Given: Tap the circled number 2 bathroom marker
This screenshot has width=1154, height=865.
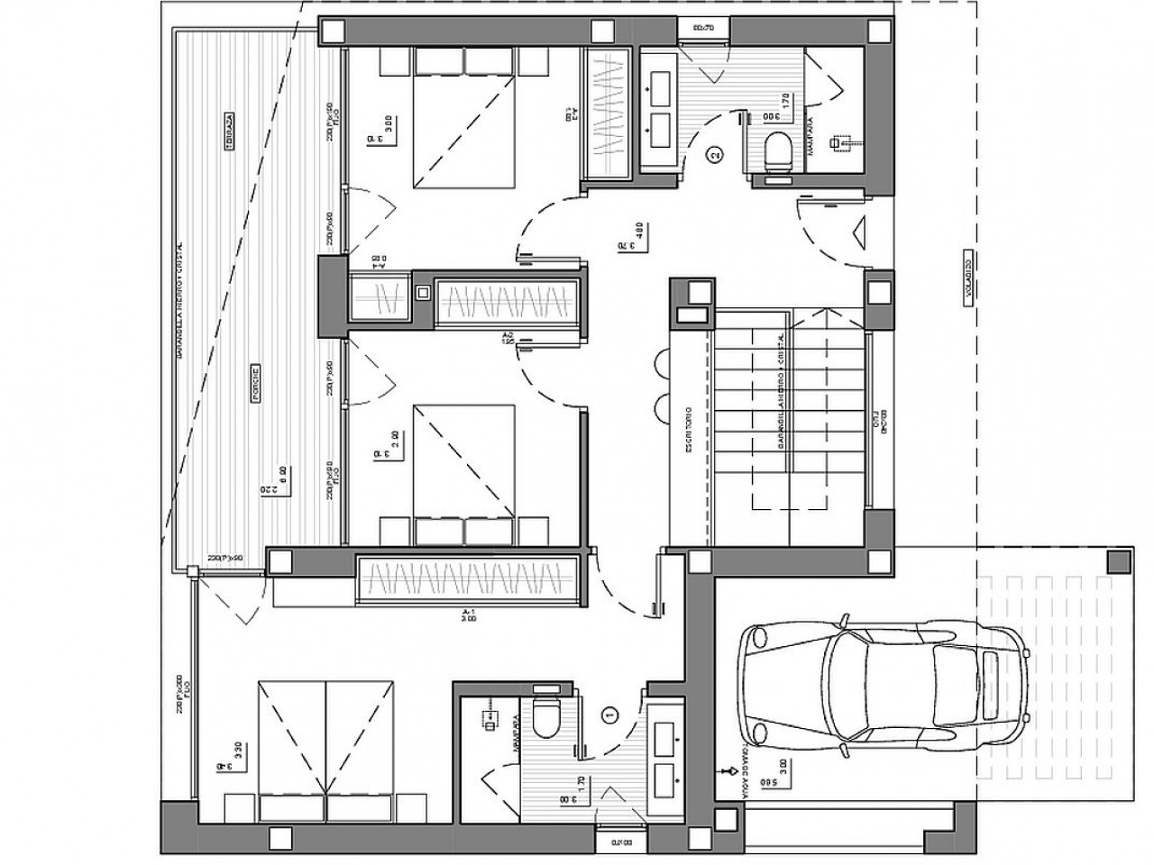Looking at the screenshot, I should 715,155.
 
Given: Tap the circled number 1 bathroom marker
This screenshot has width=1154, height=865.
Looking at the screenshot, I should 610,714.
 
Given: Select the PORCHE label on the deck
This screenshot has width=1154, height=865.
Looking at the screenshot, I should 257,384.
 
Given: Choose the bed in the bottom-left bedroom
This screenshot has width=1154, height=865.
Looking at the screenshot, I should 328,748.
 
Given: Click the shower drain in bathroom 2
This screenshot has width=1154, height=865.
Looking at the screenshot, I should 843,141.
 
